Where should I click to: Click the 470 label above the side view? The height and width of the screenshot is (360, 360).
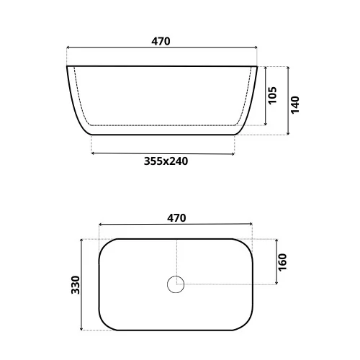click(161, 41)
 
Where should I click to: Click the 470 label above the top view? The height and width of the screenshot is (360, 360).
click(176, 218)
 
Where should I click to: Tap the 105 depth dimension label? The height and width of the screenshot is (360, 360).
click(272, 95)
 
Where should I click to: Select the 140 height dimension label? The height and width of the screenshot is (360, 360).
click(295, 104)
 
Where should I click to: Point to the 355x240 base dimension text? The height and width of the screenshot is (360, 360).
click(166, 161)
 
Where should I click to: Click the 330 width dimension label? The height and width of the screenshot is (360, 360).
click(76, 285)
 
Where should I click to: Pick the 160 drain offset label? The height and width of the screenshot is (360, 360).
click(282, 262)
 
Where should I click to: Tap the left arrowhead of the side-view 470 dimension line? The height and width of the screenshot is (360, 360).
click(68, 48)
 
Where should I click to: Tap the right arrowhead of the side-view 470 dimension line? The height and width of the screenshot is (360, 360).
click(256, 48)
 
